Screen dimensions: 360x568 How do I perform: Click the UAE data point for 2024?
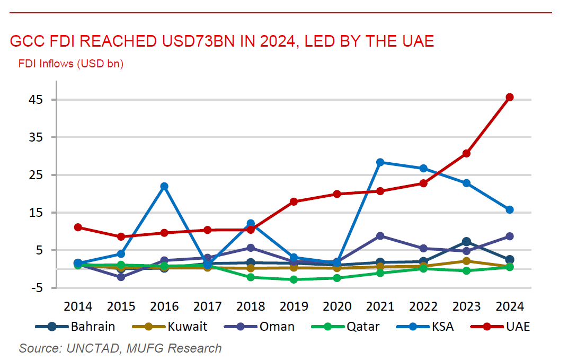510,97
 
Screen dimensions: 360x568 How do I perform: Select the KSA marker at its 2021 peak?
380,162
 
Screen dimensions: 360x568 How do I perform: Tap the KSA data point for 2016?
164,186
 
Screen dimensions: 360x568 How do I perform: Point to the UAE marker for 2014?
78,227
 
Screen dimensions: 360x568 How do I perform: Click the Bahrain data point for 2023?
466,242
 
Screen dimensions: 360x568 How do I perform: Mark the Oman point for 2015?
121,277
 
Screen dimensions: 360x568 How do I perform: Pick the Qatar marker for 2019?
294,279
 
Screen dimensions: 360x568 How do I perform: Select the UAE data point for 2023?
466,153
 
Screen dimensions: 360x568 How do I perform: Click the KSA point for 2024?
510,209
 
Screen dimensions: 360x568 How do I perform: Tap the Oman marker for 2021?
380,235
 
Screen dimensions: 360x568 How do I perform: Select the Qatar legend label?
362,327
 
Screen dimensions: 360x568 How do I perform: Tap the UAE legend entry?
517,327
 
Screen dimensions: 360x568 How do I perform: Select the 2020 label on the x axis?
337,306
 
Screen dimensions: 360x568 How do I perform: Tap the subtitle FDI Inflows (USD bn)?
70,64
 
